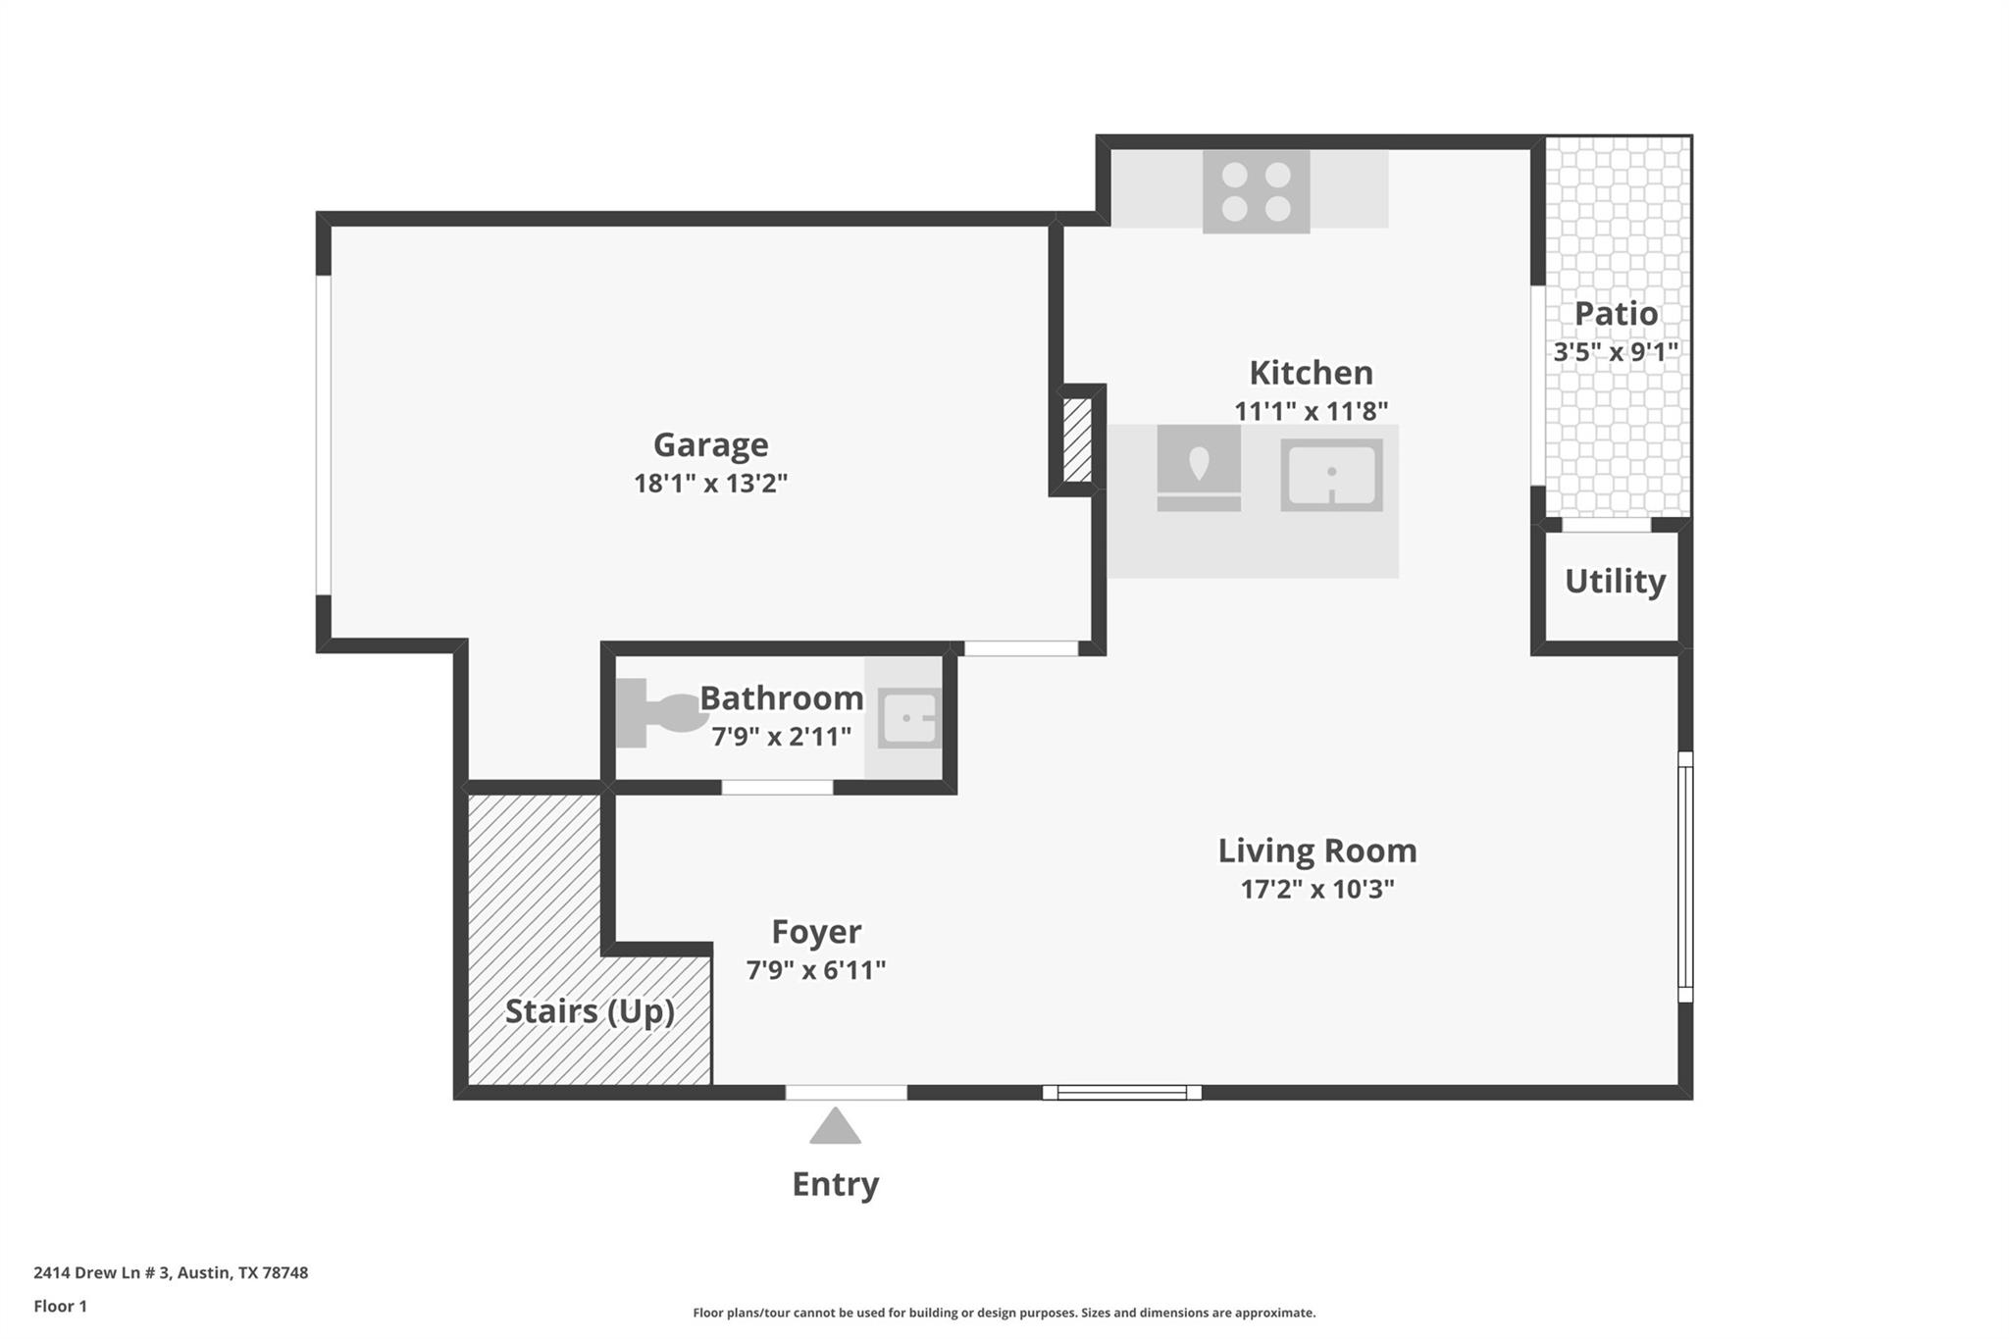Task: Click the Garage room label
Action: point(710,445)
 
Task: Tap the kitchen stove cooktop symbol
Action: point(1256,191)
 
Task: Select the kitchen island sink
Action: point(1331,475)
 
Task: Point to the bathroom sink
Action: point(908,718)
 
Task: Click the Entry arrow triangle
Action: point(835,1128)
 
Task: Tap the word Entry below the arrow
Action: point(835,1184)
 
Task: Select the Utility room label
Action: point(1615,581)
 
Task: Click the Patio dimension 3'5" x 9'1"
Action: point(1616,352)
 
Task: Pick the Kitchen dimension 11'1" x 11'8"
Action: point(1311,411)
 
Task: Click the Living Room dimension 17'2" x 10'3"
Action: point(1316,889)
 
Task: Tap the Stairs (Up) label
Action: point(590,1011)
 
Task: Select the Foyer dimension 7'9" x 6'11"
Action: point(815,970)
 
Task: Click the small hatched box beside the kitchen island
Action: point(1077,439)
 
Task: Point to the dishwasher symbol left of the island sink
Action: point(1199,468)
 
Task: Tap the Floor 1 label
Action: point(60,1307)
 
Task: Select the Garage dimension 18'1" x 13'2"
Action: point(710,484)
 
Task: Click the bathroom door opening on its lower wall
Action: point(777,787)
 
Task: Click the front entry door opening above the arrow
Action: point(846,1092)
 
